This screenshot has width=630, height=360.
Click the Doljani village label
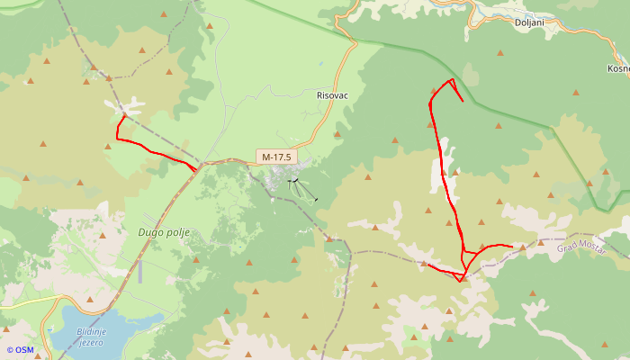[529, 23]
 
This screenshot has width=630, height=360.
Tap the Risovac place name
[332, 94]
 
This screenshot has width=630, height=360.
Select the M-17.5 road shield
[275, 157]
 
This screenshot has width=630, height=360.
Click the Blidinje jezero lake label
[92, 336]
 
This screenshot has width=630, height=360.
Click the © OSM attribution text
[19, 350]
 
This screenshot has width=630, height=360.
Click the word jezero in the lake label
[92, 342]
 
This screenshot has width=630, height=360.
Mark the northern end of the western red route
[123, 116]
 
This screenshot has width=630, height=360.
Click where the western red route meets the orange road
[196, 168]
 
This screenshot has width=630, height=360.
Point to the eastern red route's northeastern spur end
[463, 101]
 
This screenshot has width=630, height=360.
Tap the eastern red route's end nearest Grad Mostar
[512, 246]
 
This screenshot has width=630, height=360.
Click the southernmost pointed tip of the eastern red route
[461, 281]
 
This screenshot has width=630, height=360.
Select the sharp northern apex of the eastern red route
[452, 80]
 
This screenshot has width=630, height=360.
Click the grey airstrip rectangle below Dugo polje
[139, 271]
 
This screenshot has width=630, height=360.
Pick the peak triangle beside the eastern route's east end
[522, 246]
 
